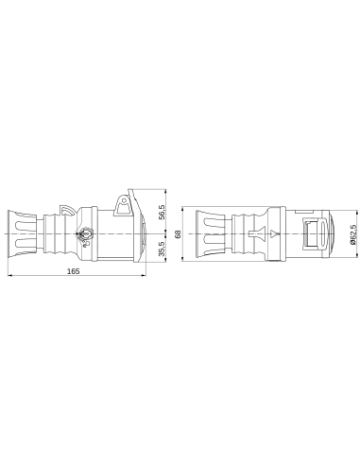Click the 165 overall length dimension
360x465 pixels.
73,271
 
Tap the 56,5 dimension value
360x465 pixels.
163,212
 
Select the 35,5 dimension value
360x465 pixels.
163,249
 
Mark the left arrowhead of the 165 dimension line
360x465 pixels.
9,277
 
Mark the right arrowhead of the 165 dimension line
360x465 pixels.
142,277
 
